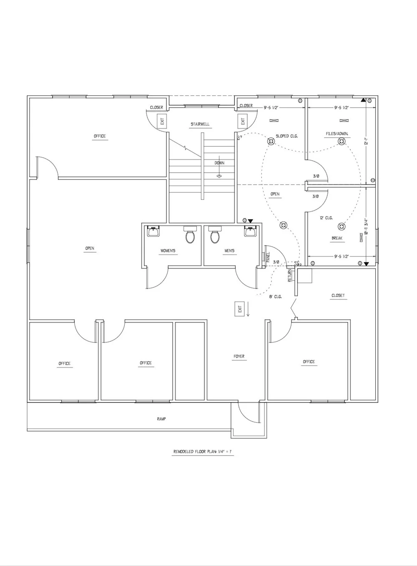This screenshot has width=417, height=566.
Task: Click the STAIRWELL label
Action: (200, 124)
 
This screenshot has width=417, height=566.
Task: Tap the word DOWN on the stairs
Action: (219, 163)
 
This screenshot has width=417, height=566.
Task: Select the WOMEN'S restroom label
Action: (168, 251)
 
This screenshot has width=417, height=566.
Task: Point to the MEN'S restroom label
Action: (229, 251)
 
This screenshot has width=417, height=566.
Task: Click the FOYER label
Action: (239, 357)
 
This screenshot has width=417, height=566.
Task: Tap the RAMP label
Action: (161, 419)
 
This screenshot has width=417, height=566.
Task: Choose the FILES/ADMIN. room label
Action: (337, 134)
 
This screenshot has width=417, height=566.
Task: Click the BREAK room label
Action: (337, 239)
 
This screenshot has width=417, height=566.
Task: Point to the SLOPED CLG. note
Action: (287, 136)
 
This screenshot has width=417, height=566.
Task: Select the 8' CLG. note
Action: (275, 297)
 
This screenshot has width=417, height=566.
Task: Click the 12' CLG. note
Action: (326, 218)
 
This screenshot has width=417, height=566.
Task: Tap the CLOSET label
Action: (338, 296)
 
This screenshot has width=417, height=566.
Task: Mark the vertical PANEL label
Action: (268, 257)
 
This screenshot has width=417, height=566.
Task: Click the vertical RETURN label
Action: (289, 275)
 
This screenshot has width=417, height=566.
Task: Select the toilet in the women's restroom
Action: (190, 236)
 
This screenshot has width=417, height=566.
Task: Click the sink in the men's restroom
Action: (250, 231)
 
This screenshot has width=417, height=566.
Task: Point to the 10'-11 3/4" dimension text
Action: (366, 228)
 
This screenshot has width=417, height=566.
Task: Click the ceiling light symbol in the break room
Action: (342, 227)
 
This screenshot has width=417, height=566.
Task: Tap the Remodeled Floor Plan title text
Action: (203, 452)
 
